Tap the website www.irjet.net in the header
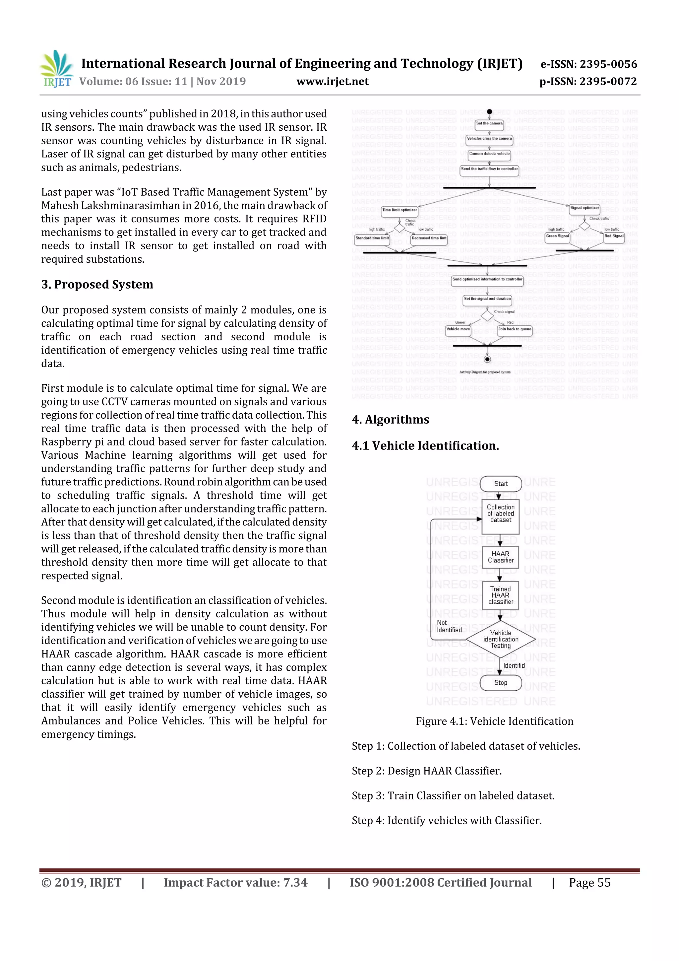[333, 81]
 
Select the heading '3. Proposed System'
[97, 285]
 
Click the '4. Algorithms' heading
[390, 419]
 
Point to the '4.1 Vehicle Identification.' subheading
[425, 446]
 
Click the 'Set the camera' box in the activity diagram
[489, 124]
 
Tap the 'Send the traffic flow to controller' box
[489, 170]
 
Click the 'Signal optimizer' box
[585, 208]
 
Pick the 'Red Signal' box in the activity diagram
[614, 237]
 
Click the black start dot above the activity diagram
[489, 112]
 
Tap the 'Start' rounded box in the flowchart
[501, 484]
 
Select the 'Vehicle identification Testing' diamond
[501, 639]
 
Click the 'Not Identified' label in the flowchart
[449, 626]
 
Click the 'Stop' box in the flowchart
[501, 683]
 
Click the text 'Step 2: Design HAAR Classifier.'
[427, 771]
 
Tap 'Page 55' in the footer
[589, 883]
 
